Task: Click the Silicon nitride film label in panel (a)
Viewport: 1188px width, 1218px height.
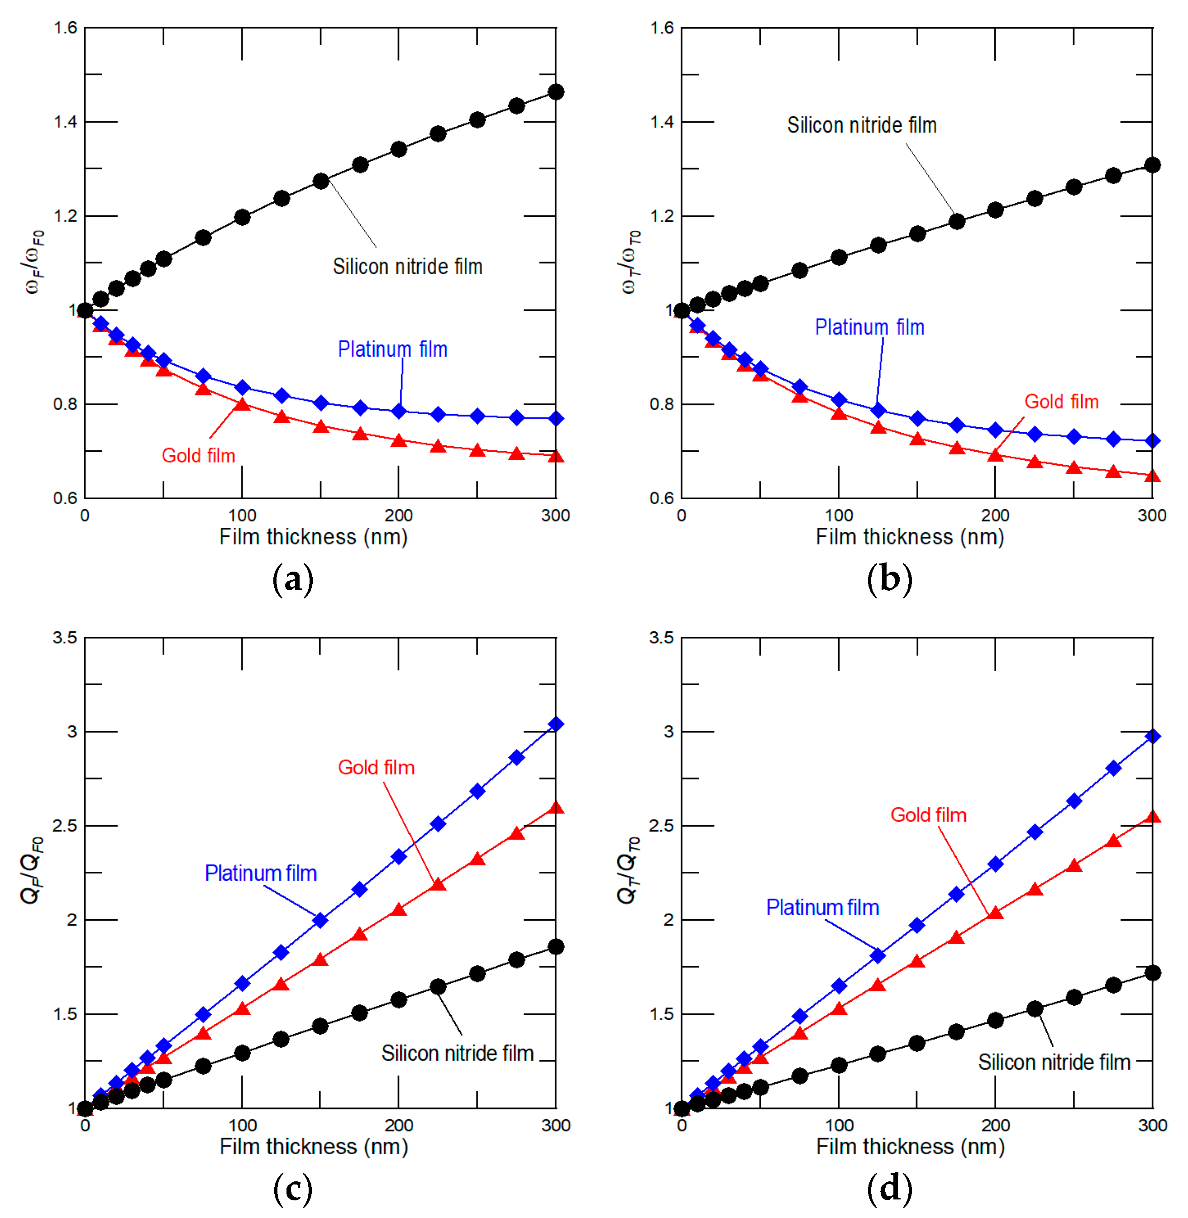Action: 407,267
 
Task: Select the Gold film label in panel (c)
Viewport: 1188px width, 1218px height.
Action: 376,768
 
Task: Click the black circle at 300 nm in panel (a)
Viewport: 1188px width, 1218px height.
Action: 555,92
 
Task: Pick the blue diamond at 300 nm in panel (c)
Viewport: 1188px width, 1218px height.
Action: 555,724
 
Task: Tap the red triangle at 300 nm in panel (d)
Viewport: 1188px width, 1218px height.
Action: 1152,817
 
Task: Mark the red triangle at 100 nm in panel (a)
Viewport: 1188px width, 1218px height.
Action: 242,404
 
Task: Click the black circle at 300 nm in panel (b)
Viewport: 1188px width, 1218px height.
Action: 1152,165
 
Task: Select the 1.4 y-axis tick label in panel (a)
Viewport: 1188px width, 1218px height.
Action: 66,122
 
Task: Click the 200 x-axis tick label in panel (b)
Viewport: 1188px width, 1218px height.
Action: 995,516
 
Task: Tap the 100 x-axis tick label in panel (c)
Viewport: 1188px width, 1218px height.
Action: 242,1125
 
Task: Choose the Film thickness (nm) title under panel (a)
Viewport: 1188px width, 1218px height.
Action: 313,537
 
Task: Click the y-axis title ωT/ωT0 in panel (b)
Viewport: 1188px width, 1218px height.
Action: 631,262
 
